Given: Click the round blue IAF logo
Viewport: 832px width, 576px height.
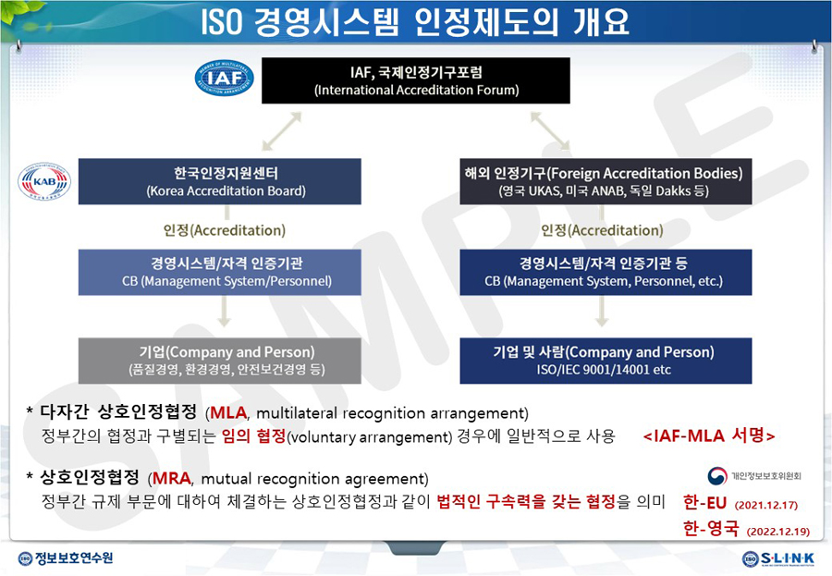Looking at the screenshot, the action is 225,78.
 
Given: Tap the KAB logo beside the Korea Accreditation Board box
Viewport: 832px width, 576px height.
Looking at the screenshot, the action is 44,181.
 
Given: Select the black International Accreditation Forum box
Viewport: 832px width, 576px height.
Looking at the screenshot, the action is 416,80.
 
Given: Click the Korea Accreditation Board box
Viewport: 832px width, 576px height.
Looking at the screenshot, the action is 220,181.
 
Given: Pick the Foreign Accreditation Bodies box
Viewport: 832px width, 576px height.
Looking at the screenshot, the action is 606,181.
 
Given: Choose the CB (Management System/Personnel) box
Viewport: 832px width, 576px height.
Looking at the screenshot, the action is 220,273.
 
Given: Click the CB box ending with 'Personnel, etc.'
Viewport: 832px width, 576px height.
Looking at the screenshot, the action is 606,273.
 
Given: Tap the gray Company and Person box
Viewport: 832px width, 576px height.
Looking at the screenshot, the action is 220,361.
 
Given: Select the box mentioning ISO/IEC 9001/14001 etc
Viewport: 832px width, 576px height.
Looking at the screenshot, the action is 606,361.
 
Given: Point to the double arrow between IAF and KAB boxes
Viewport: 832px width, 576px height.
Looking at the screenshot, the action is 282,131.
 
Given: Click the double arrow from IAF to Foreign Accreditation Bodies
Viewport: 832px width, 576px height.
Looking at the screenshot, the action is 550,131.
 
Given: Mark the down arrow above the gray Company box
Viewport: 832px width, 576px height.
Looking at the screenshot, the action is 225,311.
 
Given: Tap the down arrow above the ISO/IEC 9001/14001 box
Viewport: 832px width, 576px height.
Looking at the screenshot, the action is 602,311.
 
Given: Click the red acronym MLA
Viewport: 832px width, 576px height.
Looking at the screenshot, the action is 228,413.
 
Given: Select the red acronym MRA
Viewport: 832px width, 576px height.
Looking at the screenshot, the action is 171,478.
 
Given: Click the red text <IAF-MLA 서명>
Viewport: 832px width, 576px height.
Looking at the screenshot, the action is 709,435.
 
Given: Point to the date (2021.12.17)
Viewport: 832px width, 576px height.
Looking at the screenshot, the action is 766,505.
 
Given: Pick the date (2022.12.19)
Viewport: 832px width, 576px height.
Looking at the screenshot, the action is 778,532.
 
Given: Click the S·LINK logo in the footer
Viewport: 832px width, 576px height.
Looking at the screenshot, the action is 778,558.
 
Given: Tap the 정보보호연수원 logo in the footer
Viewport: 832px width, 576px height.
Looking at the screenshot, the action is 66,558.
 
